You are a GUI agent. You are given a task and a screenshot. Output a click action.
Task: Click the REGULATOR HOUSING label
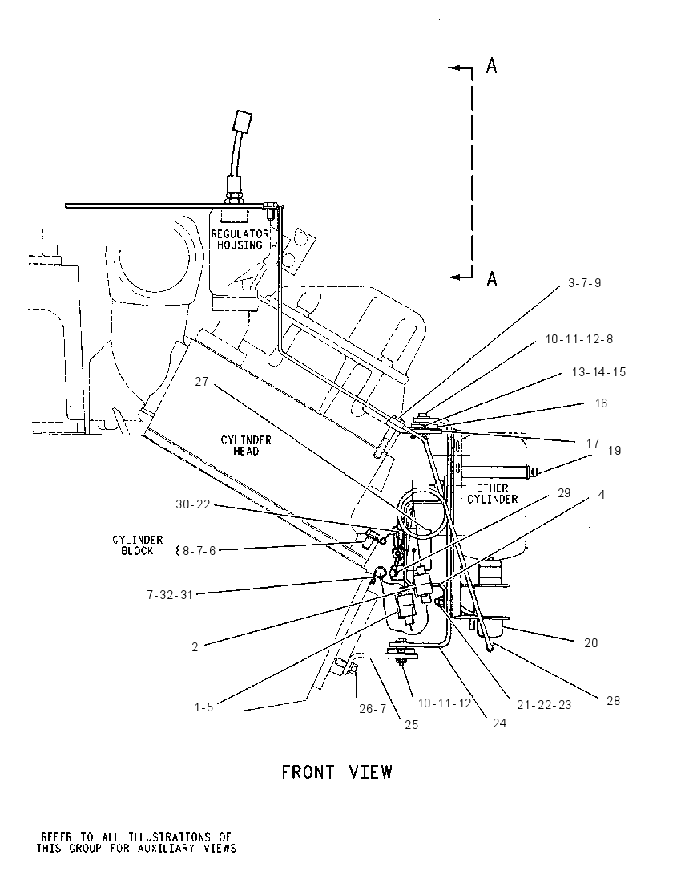pyautogui.click(x=240, y=239)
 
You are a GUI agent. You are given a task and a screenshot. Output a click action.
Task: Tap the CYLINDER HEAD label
pyautogui.click(x=246, y=446)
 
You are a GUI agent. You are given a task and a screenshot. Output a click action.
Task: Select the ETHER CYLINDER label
pyautogui.click(x=492, y=493)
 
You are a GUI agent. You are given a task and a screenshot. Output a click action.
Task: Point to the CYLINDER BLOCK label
pyautogui.click(x=137, y=545)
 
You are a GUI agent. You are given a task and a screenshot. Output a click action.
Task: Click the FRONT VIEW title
pyautogui.click(x=336, y=772)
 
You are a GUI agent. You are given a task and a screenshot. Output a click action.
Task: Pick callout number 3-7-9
pyautogui.click(x=584, y=283)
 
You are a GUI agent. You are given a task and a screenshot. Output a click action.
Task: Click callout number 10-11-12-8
pyautogui.click(x=579, y=339)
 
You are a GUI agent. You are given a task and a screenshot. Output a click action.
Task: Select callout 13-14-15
pyautogui.click(x=598, y=372)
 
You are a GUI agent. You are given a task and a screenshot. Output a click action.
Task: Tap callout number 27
pyautogui.click(x=202, y=382)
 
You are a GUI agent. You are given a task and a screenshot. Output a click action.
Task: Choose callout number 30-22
pyautogui.click(x=192, y=504)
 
